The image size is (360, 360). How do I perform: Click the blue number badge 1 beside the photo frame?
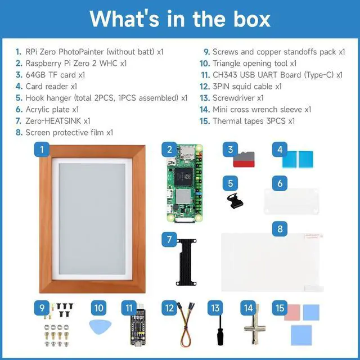click(x=42, y=150)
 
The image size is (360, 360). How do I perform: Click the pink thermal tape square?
click(x=292, y=313)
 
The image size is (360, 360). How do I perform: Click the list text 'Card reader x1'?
click(x=51, y=86)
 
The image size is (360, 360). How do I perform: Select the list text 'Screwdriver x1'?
click(x=238, y=98)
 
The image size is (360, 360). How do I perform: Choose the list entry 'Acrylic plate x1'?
click(x=52, y=109)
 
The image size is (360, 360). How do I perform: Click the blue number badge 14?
click(x=248, y=308)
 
